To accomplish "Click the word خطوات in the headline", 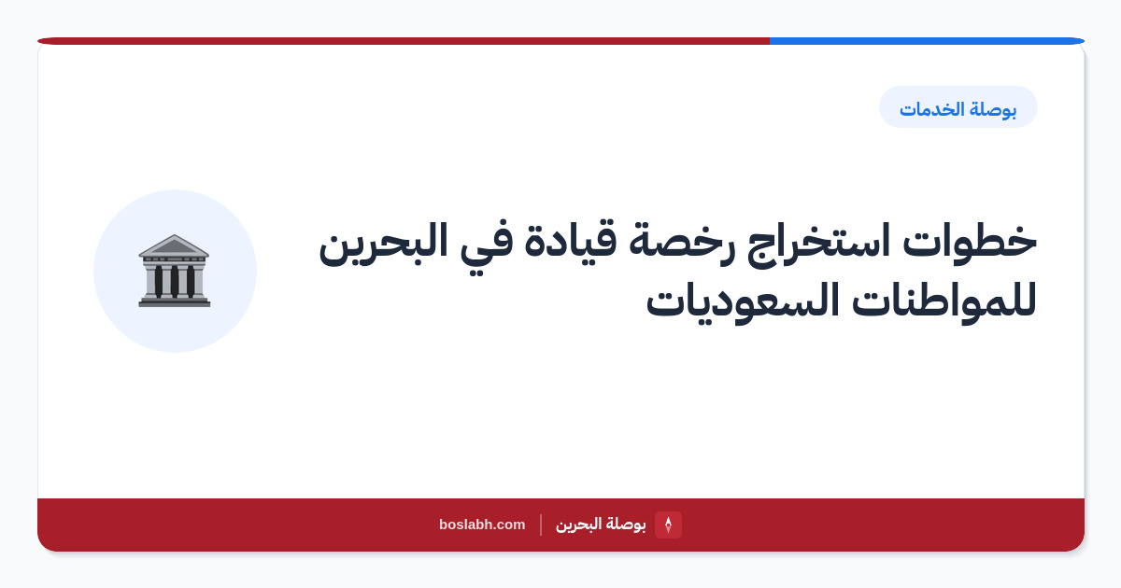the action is click(x=970, y=241).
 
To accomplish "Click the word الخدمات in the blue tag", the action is click(x=932, y=109).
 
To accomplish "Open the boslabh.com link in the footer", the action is click(x=482, y=525).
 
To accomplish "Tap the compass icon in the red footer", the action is click(x=668, y=525).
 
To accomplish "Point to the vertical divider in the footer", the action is click(x=541, y=525).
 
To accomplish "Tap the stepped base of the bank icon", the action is click(x=174, y=301).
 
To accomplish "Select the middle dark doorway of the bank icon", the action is click(x=174, y=281).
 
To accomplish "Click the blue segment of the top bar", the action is click(x=927, y=41).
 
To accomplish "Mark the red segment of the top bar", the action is click(x=404, y=41).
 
